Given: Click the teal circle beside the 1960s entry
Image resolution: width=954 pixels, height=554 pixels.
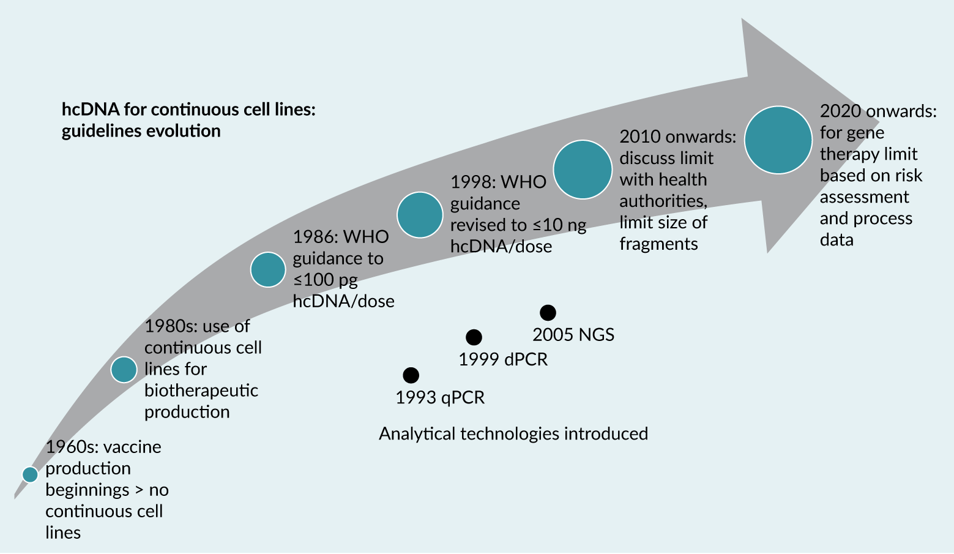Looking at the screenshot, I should click(30, 474).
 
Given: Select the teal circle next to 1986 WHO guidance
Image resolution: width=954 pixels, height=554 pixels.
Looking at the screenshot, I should click(268, 269).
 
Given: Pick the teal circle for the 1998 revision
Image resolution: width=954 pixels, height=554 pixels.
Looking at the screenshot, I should click(420, 215).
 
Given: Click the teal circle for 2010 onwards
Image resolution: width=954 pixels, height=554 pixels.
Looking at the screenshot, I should click(583, 170).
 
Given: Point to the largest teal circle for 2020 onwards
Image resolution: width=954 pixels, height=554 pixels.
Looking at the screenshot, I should click(778, 140).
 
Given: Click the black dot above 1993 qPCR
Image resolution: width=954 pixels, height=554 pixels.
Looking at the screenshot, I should click(411, 375).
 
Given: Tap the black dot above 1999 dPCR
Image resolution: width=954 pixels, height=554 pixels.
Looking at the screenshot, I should click(474, 337).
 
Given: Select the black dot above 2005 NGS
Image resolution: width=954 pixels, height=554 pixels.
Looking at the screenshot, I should click(548, 313).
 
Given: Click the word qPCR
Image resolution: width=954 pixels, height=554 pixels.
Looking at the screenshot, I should click(463, 398).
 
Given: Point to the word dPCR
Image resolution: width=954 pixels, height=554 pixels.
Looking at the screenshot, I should click(526, 359).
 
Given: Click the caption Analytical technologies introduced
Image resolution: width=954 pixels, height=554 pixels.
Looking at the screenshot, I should click(513, 433).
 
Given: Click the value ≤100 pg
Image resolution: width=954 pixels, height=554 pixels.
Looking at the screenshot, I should click(325, 280).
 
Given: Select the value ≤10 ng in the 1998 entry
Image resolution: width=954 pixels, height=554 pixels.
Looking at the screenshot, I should click(559, 225).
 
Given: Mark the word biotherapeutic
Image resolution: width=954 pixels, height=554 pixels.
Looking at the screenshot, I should click(201, 391).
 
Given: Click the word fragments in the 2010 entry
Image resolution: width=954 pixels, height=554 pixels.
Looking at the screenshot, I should click(658, 244).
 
